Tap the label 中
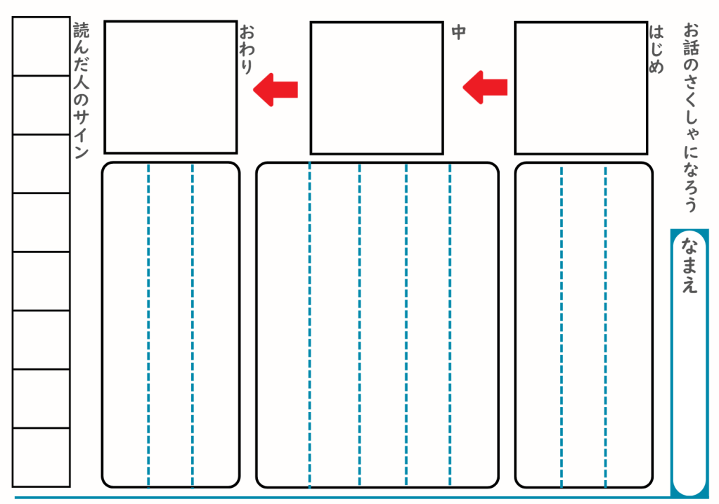458,32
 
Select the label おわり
246,50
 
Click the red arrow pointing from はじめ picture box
485,86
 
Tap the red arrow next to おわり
276,89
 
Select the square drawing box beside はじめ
581,88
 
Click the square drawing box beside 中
377,88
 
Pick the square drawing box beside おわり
171,86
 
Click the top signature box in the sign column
41,46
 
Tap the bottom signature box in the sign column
41,457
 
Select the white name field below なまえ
689,394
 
